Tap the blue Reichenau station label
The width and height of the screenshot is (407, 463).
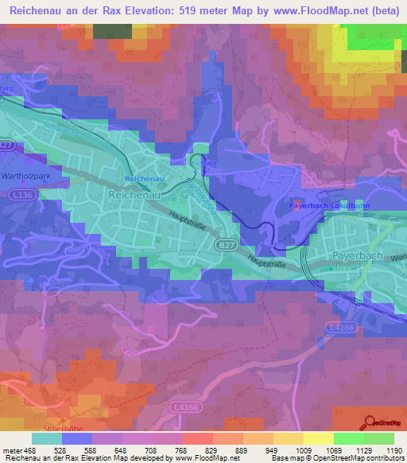click(144, 178)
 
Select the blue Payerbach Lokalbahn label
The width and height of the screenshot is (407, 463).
click(326, 206)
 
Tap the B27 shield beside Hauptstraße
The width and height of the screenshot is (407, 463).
click(224, 247)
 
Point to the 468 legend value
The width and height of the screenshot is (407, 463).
click(31, 450)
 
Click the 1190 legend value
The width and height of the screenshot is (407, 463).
click(384, 450)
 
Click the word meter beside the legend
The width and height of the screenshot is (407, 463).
click(11, 450)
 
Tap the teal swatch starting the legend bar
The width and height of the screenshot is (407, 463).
click(46, 438)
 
